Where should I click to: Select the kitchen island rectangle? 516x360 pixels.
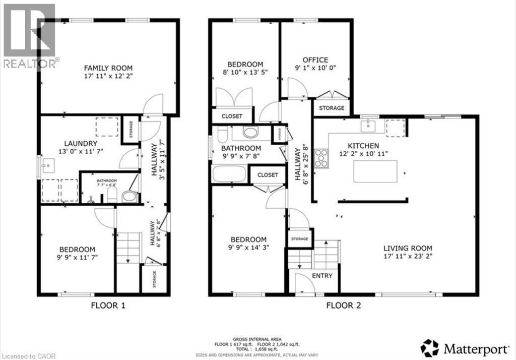coord(375,171)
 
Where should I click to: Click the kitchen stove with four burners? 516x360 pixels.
coord(321,159)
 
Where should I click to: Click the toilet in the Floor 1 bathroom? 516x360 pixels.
coord(129,196)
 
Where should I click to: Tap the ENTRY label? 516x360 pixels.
coord(322,275)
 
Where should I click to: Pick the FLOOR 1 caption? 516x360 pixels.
coord(108,305)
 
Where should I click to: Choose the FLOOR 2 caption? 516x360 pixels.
coord(343,305)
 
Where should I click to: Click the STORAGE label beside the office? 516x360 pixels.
coord(332,108)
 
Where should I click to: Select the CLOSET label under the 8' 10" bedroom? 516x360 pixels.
coord(231,116)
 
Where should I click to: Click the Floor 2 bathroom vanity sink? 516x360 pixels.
coord(250,133)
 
